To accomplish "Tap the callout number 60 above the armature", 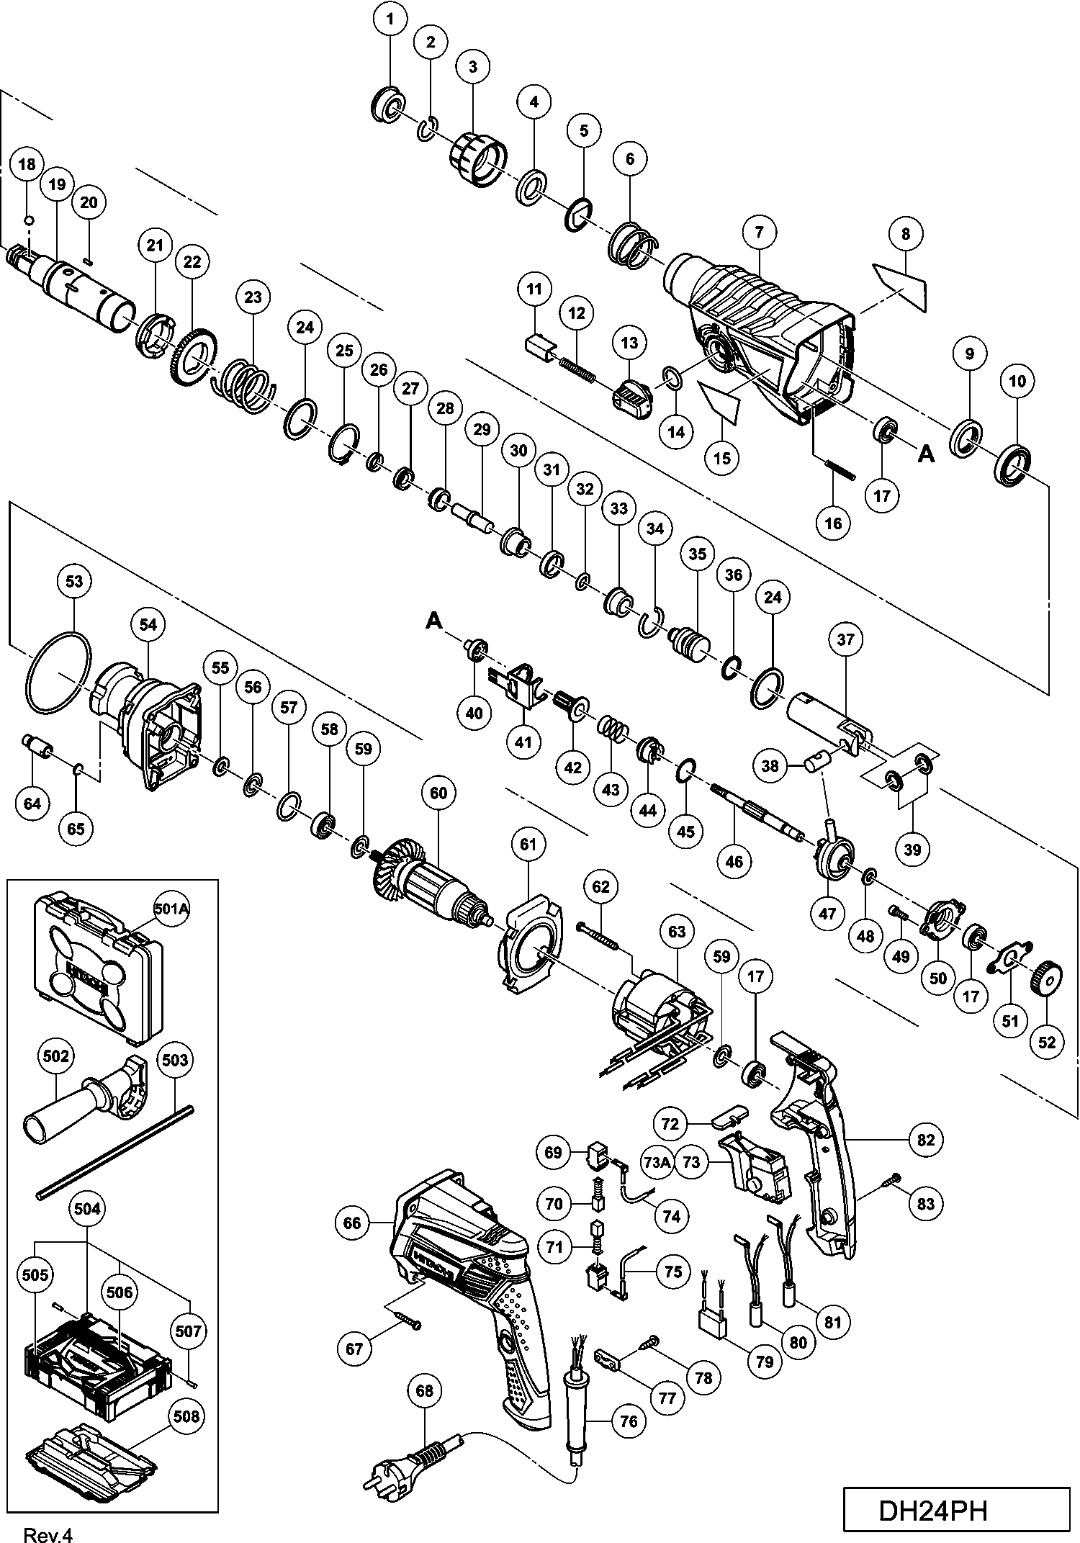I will click(438, 793).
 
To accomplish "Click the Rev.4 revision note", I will click(48, 1534).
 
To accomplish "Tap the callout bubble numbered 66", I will click(352, 1223).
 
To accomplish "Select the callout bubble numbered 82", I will click(926, 1140).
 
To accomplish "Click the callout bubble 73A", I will click(657, 1162).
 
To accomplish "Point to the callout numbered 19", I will click(58, 185).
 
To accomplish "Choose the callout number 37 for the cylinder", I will click(845, 639).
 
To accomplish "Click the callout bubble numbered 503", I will click(175, 1060).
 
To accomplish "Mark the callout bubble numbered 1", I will click(390, 19).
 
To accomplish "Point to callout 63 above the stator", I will click(677, 932).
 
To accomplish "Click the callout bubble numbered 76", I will click(629, 1421).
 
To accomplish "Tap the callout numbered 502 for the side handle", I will click(56, 1056).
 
